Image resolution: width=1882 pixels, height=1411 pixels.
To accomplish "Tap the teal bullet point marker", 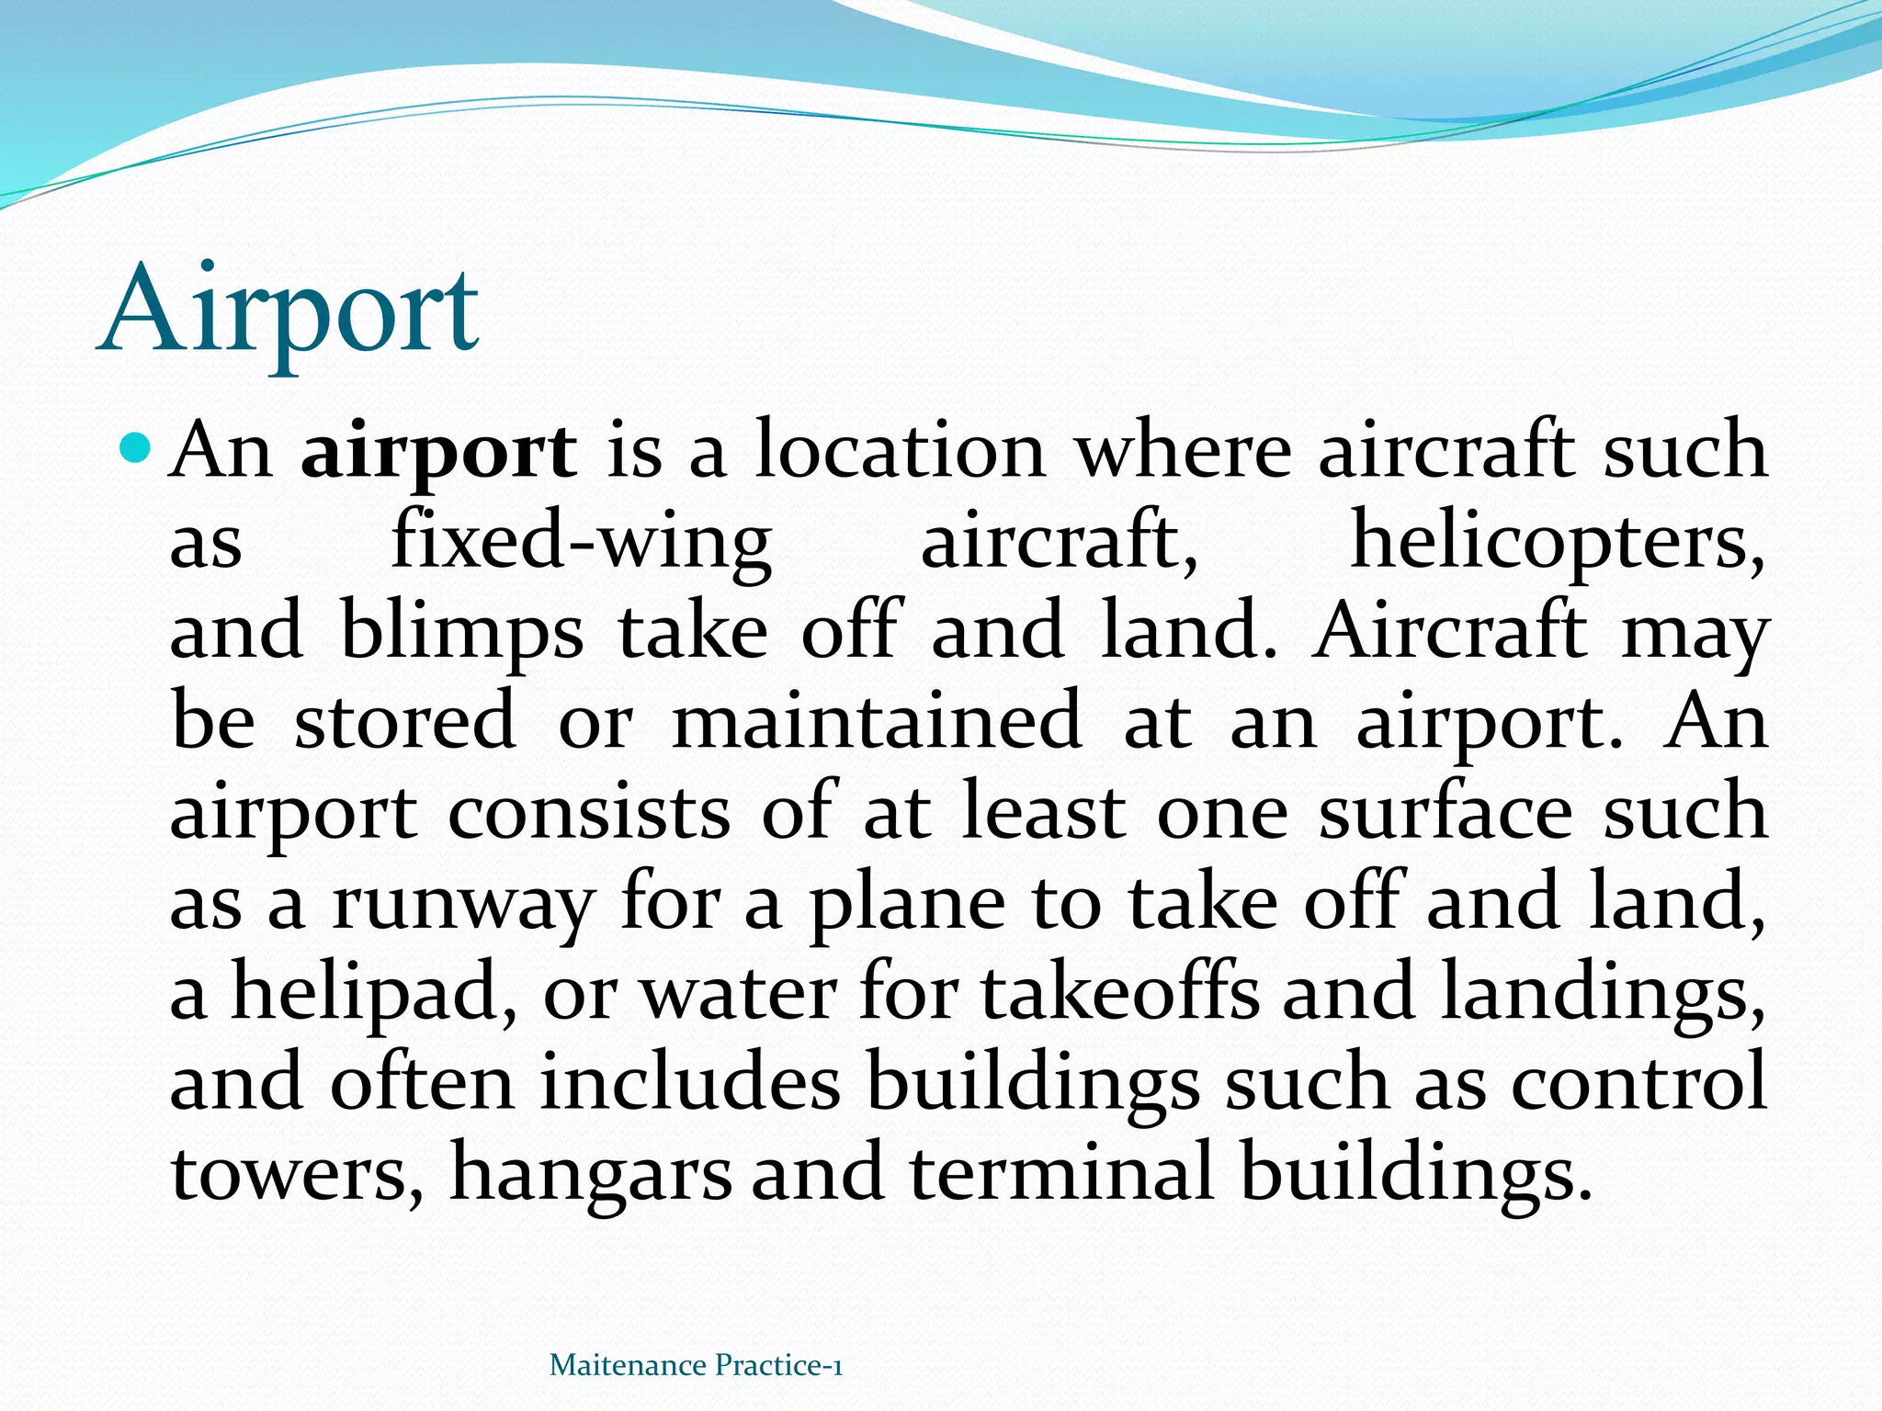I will pos(135,449).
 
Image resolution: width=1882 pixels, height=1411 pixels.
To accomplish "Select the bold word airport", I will pos(439,452).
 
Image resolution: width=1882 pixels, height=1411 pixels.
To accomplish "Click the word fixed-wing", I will pos(581,543).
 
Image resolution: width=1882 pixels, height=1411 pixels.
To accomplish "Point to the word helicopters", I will pos(1557,543).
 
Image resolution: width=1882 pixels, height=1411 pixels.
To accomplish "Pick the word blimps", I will pos(462,633).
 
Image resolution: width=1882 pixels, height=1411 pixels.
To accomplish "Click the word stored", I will pos(404,722).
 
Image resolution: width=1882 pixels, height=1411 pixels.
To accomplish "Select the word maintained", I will pos(877,722).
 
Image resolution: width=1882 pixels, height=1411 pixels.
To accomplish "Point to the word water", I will pos(738,992).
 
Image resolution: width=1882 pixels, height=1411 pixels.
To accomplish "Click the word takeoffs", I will pos(1120,992).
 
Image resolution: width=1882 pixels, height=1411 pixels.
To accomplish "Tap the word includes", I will pos(690,1082).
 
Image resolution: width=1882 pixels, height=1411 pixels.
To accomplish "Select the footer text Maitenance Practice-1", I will pos(696,1366).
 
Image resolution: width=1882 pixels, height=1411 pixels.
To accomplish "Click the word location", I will pos(900,452).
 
